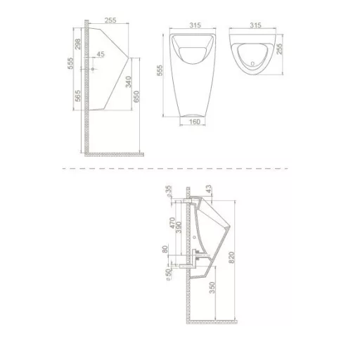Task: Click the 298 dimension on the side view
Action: (x=77, y=44)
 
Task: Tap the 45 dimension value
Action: (x=101, y=54)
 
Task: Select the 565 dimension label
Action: (x=77, y=96)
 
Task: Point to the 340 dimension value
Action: (x=129, y=82)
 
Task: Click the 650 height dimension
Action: (x=136, y=96)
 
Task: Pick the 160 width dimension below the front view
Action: (x=195, y=122)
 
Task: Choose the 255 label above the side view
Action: (x=110, y=20)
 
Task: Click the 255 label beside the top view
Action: (x=280, y=49)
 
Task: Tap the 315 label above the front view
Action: (x=195, y=25)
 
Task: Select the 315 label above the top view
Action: (x=255, y=25)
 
